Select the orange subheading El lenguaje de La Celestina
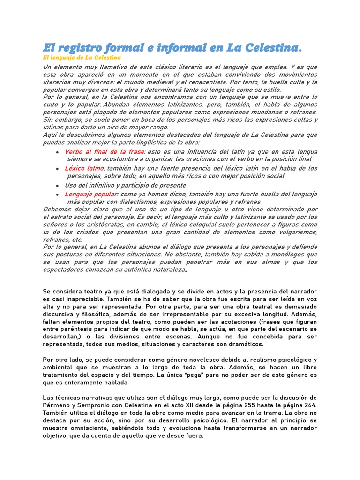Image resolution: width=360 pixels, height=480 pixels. click(82, 58)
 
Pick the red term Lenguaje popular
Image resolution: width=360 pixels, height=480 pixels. click(91, 194)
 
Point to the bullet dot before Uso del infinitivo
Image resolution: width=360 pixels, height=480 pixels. click(57, 186)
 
